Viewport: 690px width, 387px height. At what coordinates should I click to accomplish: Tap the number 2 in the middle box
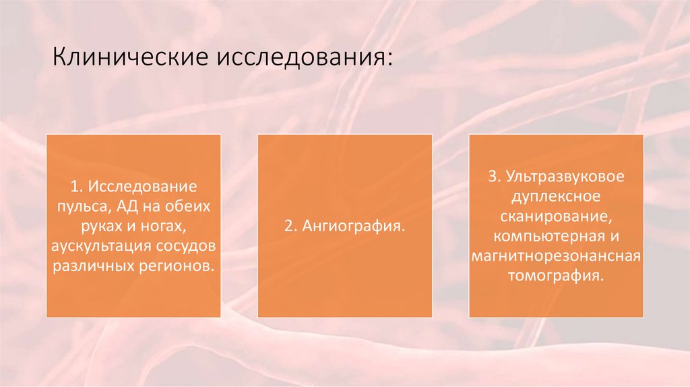[287, 226]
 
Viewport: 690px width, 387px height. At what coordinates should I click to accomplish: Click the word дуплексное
[556, 197]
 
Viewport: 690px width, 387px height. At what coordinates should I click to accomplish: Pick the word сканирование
[555, 217]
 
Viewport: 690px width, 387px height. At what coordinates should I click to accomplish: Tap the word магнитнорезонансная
[556, 257]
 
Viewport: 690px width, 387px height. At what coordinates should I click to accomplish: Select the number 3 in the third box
[492, 177]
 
